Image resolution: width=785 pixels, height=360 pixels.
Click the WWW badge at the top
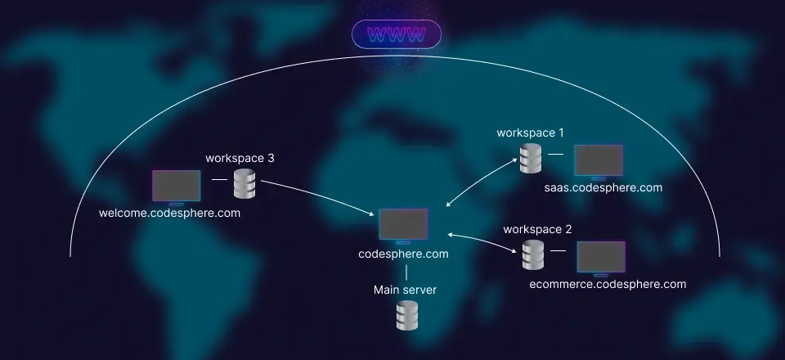pos(397,34)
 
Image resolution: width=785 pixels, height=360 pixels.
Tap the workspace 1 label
pos(531,132)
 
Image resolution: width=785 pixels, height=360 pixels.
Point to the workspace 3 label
pos(240,157)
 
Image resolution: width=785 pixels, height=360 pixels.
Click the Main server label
pos(405,290)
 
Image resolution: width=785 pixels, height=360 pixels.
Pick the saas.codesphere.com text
pos(603,187)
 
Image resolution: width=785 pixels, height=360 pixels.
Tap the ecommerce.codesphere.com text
pos(608,284)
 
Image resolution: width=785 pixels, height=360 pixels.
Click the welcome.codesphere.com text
pos(169,213)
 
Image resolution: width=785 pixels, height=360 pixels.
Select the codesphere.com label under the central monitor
pos(403,254)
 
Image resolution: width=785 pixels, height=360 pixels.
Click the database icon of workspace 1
pos(531,159)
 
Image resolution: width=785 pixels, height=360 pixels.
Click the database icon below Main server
pos(406,316)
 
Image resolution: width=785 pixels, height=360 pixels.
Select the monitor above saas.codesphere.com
pos(598,161)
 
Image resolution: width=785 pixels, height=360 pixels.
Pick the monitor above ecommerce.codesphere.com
pos(601,257)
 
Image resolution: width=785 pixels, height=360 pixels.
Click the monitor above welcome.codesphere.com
pos(177,187)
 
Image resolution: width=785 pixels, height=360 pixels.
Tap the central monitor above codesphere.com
pos(403,225)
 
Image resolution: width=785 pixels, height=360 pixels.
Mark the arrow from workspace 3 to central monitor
pos(319,195)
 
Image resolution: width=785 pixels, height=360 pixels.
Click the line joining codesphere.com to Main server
pos(406,272)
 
